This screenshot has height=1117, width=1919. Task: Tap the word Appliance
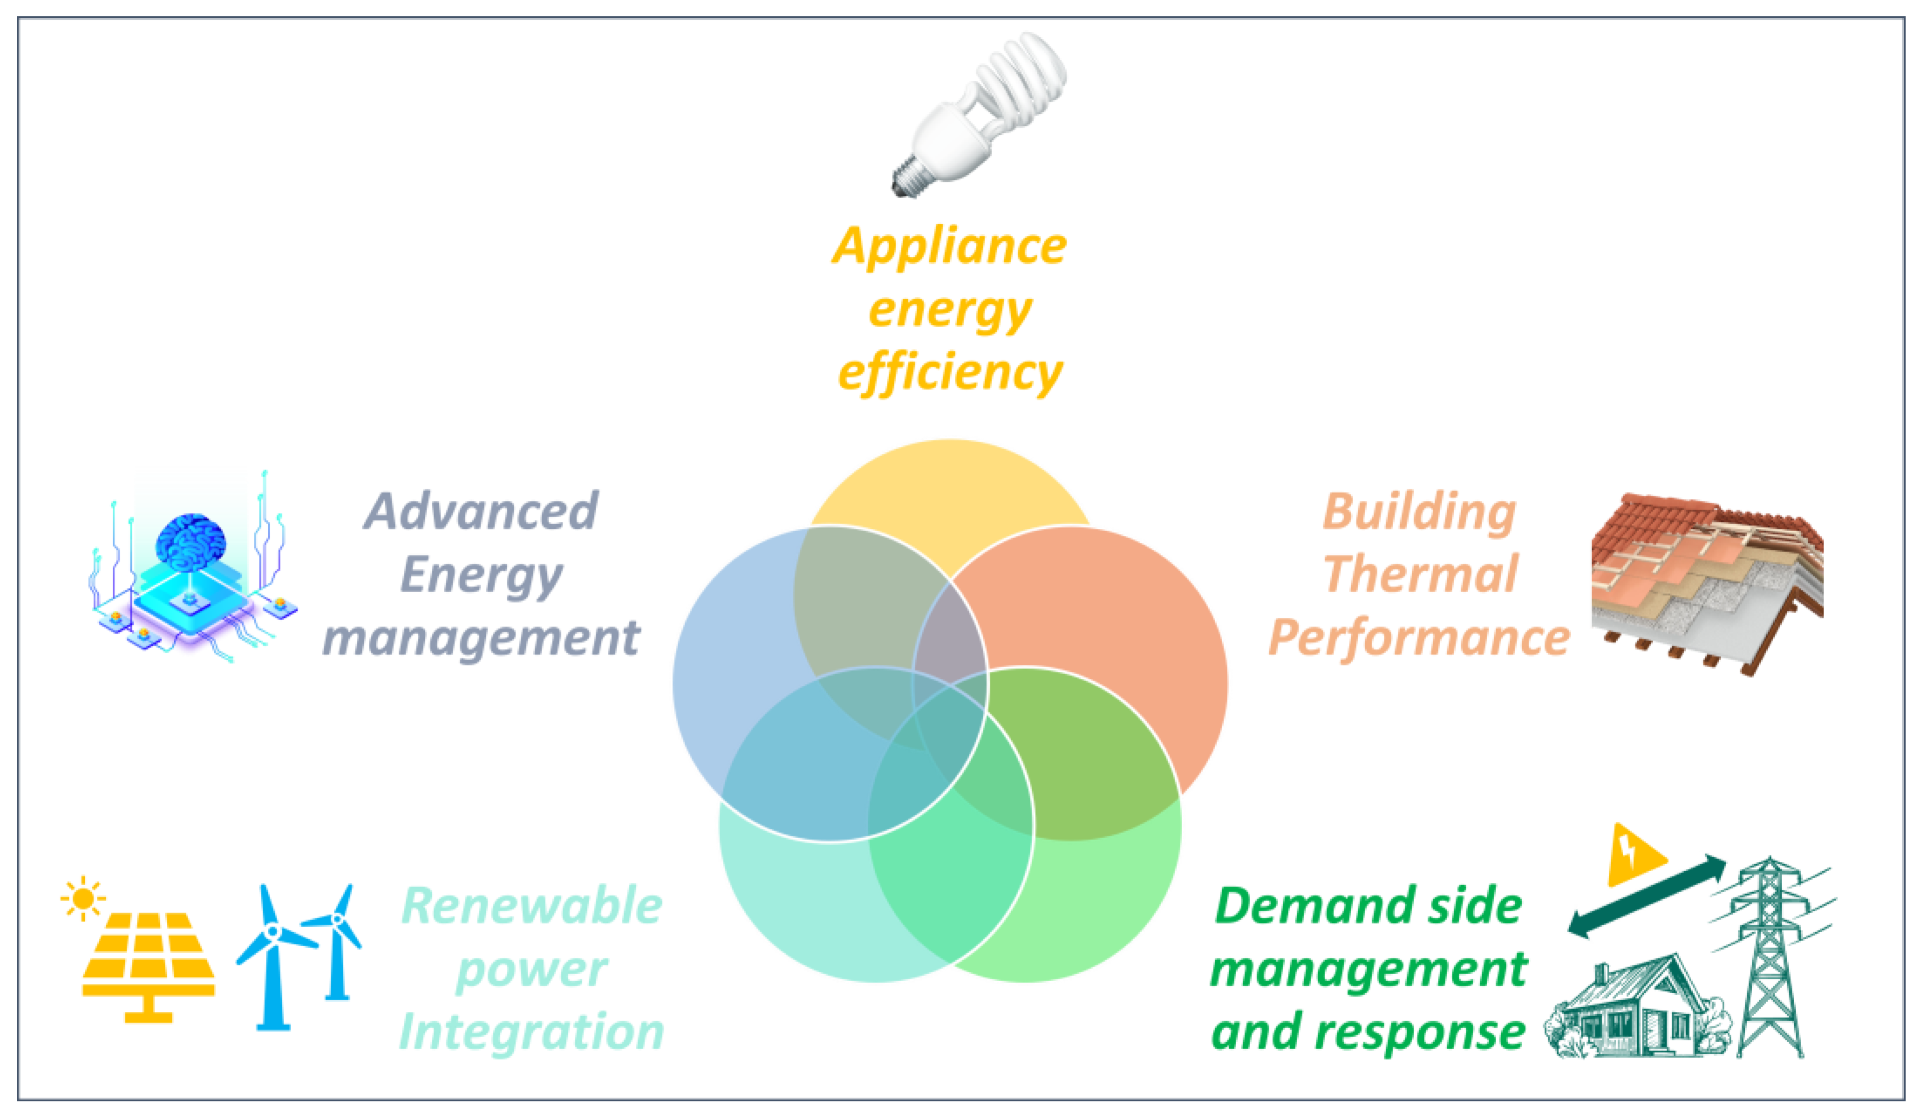[950, 246]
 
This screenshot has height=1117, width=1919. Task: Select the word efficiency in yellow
[950, 373]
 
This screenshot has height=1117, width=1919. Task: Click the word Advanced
[481, 511]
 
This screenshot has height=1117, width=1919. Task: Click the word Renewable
[532, 906]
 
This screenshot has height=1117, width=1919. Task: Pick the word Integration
[532, 1032]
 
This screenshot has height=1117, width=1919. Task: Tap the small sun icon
[83, 899]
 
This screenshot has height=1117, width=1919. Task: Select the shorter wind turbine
[336, 940]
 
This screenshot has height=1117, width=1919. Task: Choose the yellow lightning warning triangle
[1632, 857]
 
